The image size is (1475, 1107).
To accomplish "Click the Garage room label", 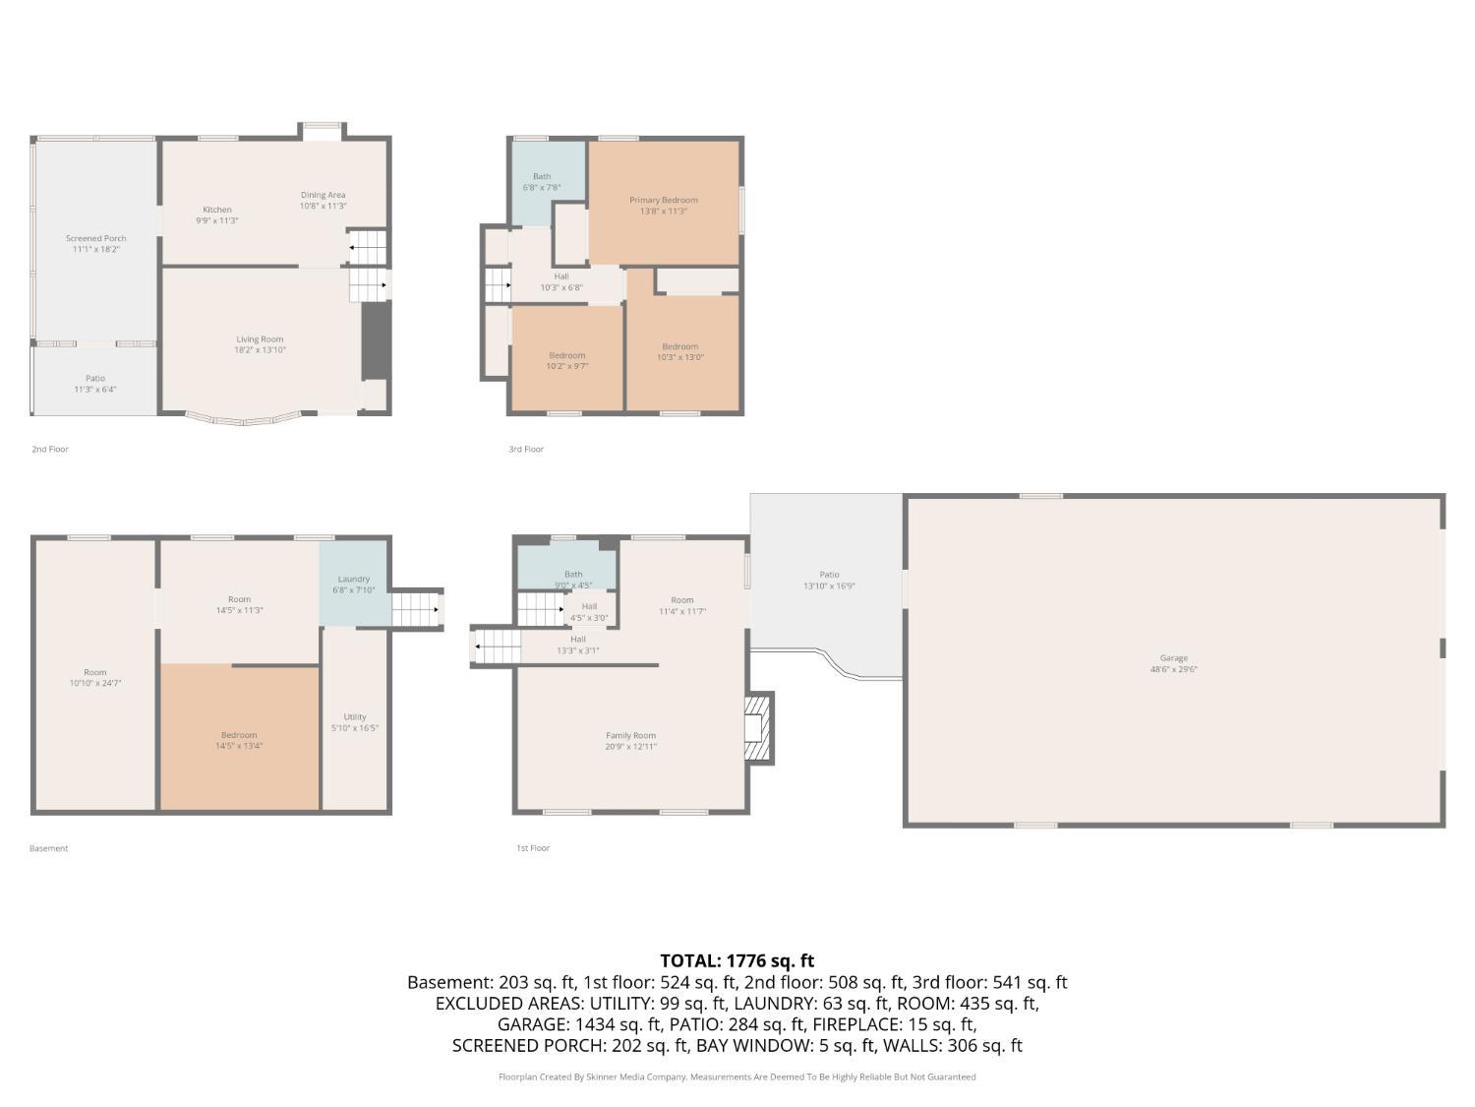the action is [x=1173, y=658].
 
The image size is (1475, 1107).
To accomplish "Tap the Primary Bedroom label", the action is [x=663, y=200].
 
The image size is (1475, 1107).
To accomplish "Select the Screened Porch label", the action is [x=95, y=238].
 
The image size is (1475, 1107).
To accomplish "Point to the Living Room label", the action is [x=260, y=339].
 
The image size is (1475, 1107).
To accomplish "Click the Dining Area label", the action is [x=323, y=195].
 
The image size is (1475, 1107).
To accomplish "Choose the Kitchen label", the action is [x=217, y=210].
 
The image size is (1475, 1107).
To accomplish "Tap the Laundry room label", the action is [x=353, y=579].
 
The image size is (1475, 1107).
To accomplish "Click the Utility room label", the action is [x=355, y=716].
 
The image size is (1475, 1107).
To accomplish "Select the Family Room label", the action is [x=630, y=735].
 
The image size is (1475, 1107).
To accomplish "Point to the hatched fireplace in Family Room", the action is [x=759, y=728].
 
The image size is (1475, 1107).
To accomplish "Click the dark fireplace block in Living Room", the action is [x=376, y=340].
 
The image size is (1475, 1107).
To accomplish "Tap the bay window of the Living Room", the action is [x=244, y=419].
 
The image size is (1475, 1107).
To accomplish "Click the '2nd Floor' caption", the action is [x=50, y=449].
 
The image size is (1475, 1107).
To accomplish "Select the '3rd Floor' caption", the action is [x=525, y=449].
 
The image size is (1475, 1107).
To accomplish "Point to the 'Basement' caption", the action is [x=48, y=848].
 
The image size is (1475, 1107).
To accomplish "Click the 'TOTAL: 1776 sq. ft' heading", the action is [x=737, y=960].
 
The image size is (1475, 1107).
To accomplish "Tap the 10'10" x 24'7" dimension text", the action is [x=94, y=683].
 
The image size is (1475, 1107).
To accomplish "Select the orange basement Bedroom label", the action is [x=239, y=735].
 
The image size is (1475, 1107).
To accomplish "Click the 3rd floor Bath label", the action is [x=542, y=176].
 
